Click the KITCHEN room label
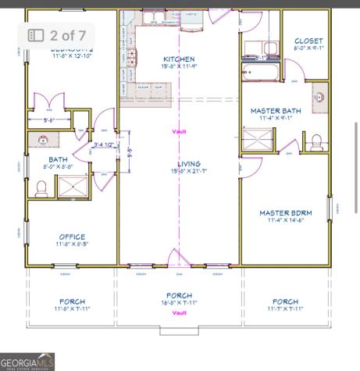[179, 59]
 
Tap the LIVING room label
[189, 163]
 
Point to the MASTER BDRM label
[285, 212]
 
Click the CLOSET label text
[308, 41]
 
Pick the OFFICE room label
[72, 237]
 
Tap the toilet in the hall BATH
[41, 187]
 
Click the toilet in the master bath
[317, 141]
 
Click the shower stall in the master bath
[259, 141]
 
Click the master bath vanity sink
[319, 98]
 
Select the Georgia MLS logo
[27, 362]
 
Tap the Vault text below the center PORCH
[180, 312]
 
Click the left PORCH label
[72, 301]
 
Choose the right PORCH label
[285, 301]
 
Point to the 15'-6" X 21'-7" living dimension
[189, 170]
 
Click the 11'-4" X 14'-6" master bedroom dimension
[285, 220]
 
